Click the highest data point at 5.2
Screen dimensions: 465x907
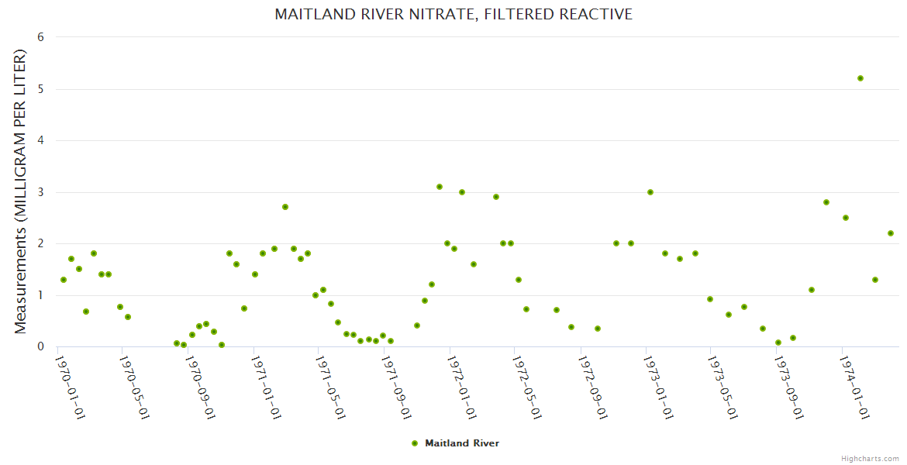[860, 78]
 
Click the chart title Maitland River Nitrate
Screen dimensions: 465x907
[453, 14]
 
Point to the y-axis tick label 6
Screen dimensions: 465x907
[40, 37]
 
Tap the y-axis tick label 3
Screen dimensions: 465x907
[40, 192]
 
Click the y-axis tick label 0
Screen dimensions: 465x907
[40, 346]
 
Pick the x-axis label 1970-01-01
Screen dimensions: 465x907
[70, 387]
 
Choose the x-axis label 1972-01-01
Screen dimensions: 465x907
[460, 387]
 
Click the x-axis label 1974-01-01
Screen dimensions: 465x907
[853, 387]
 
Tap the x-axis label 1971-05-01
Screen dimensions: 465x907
[330, 387]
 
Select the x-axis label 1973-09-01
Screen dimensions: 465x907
[788, 387]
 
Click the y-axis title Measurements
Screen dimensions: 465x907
[21, 192]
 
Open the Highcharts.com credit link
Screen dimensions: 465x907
[870, 458]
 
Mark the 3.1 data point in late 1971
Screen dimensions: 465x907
[440, 187]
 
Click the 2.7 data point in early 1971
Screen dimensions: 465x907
[285, 207]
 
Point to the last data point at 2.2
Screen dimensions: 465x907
[891, 233]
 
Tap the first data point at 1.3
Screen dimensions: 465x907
[64, 280]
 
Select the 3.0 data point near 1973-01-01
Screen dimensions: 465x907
[650, 192]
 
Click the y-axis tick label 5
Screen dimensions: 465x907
[40, 89]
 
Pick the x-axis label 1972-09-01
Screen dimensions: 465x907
[591, 387]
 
